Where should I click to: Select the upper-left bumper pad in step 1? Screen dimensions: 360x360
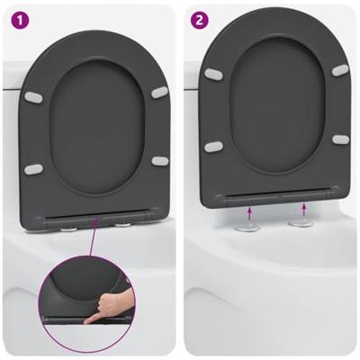(x=36, y=94)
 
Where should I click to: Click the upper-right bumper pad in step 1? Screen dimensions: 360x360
(x=158, y=92)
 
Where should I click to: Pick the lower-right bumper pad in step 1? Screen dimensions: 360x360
(x=159, y=161)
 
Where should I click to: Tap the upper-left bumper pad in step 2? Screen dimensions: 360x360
(x=213, y=74)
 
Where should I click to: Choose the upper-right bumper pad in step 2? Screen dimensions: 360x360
(x=339, y=70)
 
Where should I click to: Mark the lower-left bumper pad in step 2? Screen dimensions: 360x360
(x=214, y=146)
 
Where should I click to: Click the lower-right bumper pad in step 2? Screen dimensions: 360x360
(x=340, y=139)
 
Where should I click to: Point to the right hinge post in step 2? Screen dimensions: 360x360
(x=302, y=221)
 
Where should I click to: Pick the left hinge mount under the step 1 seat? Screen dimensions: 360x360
(x=67, y=227)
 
